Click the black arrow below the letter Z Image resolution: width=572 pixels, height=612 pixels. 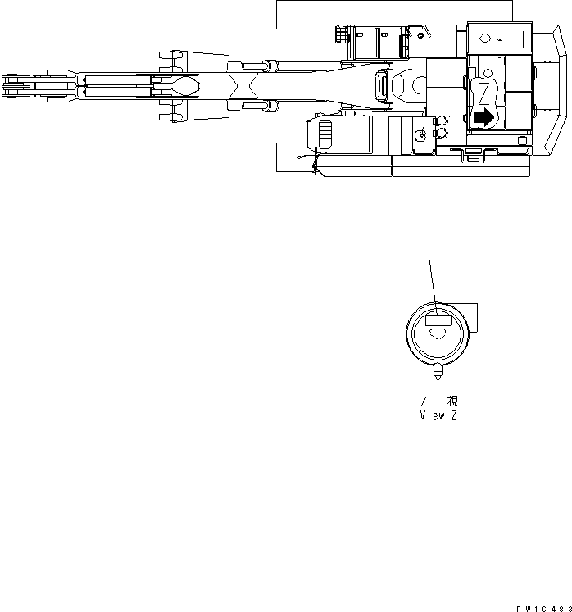pos(484,118)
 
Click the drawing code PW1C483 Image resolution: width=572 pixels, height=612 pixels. pos(542,607)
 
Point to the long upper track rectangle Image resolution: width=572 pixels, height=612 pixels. pos(393,11)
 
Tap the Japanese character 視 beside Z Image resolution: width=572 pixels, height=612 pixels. pos(452,401)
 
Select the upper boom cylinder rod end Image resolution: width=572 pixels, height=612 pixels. pos(267,64)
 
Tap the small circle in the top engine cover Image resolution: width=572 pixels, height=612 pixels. pos(484,38)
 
